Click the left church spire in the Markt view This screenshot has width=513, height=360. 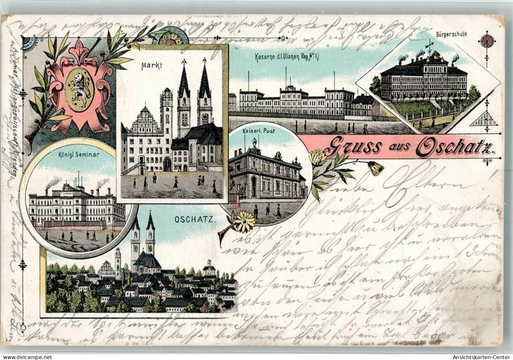183,80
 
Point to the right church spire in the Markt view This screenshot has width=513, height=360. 204,80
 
